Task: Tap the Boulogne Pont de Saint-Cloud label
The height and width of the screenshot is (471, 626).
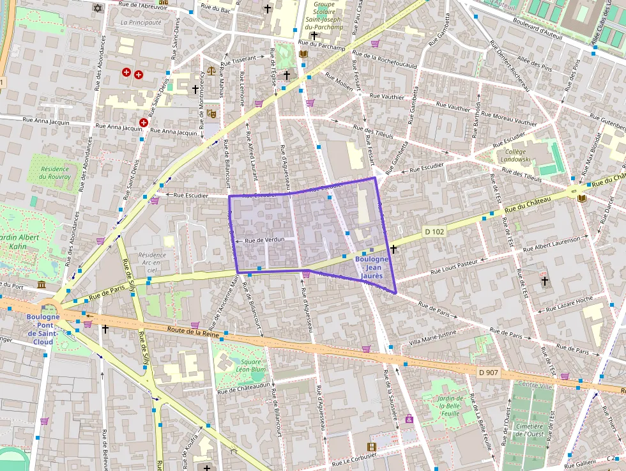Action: click(43, 329)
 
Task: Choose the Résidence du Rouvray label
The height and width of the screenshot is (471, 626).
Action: click(54, 172)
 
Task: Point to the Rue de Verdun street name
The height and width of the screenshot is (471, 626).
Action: click(264, 240)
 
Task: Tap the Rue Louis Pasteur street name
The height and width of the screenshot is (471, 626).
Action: click(454, 266)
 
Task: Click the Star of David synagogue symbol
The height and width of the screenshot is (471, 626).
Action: click(97, 8)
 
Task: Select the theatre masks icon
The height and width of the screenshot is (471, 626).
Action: click(211, 114)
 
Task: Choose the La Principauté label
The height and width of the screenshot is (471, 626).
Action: click(141, 22)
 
